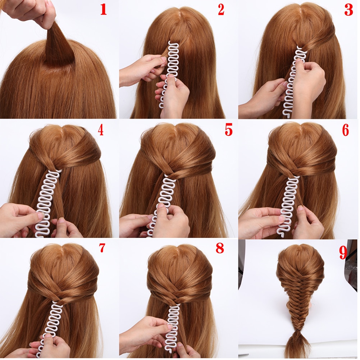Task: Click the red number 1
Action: [x=104, y=10]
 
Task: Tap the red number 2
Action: [x=221, y=10]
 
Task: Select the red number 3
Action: [x=348, y=10]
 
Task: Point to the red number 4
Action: [x=100, y=130]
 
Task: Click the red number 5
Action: [x=229, y=130]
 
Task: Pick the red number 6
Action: [x=345, y=130]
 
